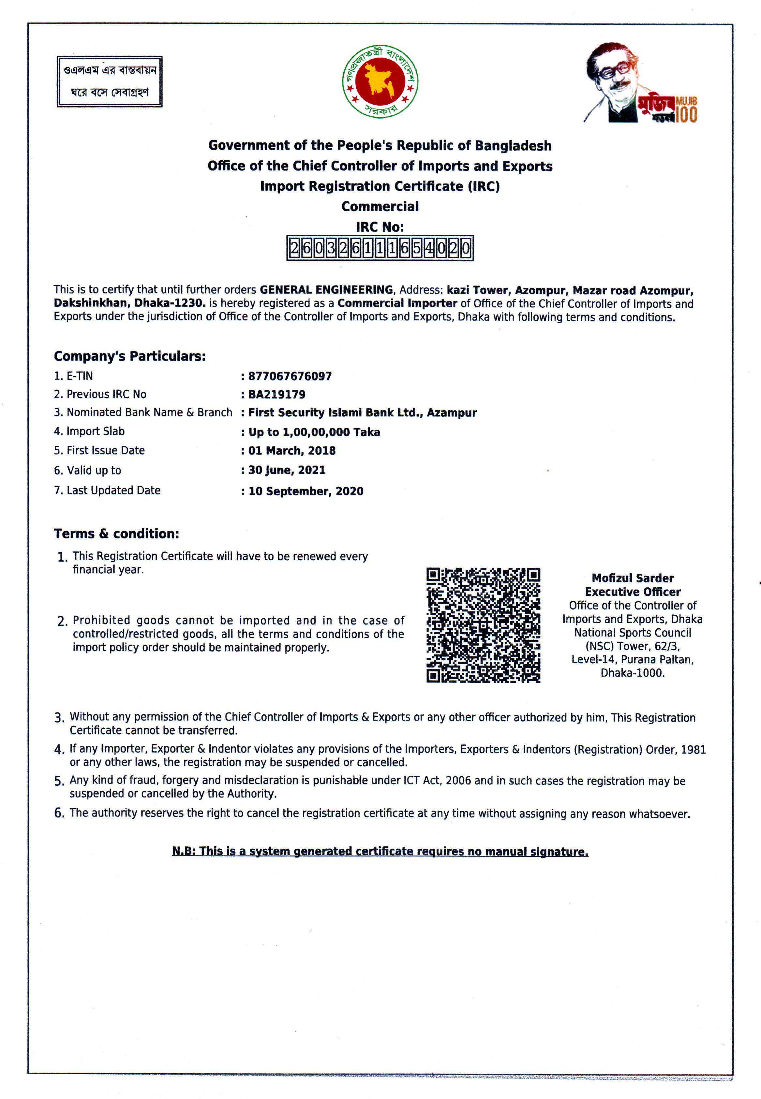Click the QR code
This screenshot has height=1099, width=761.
point(483,625)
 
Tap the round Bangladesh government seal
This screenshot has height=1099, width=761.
point(380,81)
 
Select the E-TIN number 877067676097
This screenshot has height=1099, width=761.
point(290,376)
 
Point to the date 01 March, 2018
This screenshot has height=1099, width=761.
point(292,450)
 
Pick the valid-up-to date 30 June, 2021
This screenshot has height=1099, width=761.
point(287,470)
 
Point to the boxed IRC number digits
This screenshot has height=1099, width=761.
point(380,248)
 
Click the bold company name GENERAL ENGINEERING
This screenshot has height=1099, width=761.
point(326,290)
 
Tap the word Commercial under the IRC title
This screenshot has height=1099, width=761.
point(380,206)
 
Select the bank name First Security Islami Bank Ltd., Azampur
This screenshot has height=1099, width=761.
point(362,413)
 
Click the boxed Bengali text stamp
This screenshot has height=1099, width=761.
point(110,81)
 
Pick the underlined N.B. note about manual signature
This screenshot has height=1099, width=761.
point(380,851)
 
